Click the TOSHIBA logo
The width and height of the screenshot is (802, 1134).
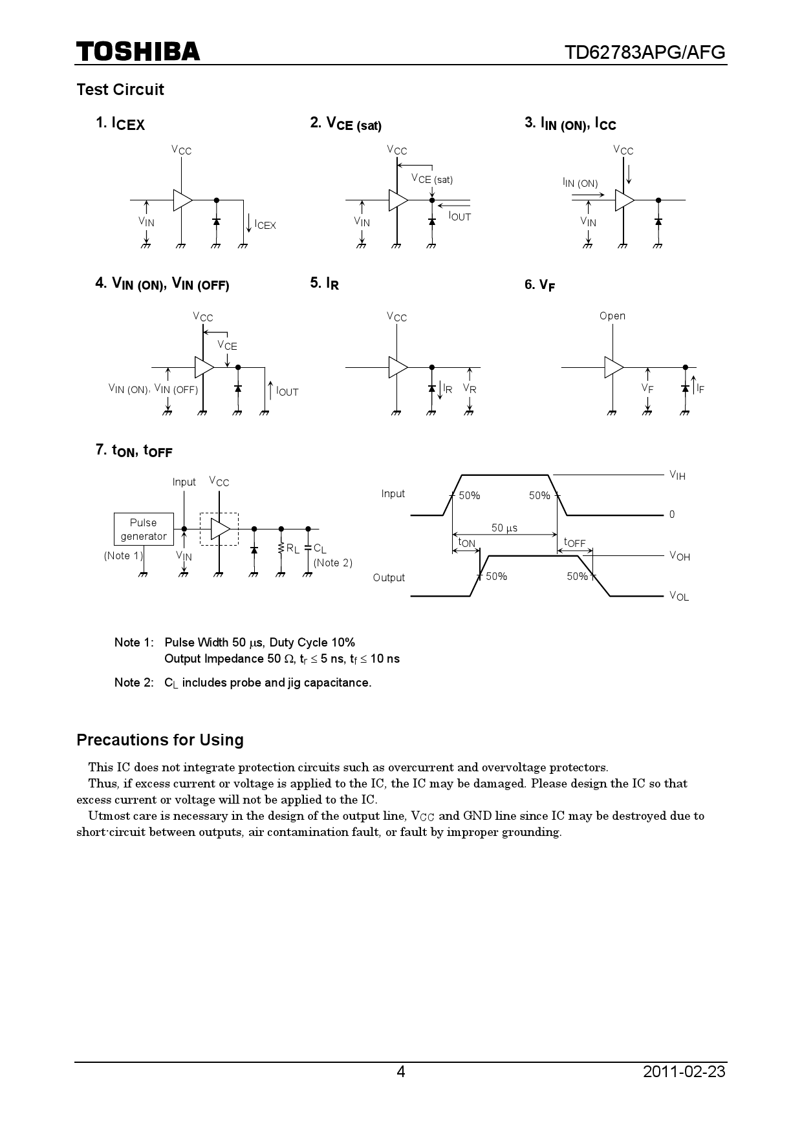click(138, 52)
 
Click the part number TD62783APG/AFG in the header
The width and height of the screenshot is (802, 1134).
click(645, 52)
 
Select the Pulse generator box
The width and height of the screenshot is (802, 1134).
click(144, 530)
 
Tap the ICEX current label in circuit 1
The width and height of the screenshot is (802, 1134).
click(265, 224)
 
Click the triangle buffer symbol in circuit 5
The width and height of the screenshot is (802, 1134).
click(398, 367)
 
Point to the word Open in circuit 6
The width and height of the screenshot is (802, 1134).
click(612, 316)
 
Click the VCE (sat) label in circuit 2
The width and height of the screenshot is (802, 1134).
click(432, 179)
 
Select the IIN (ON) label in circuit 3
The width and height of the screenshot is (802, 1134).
click(580, 183)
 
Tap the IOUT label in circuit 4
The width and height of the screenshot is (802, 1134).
click(287, 391)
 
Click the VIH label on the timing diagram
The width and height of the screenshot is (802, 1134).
click(677, 476)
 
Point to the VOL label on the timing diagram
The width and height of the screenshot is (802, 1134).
click(678, 596)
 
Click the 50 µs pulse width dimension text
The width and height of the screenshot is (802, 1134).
click(504, 528)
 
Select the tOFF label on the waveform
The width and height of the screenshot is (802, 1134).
click(574, 542)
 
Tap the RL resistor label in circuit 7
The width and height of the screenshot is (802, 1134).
click(293, 549)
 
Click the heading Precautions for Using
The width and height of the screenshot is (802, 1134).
click(160, 740)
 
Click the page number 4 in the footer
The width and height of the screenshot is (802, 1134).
click(401, 1071)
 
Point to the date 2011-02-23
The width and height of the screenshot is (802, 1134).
click(684, 1071)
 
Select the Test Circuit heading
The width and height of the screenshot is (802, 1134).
click(120, 89)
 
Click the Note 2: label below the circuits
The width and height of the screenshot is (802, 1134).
click(134, 682)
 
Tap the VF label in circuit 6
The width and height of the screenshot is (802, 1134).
click(647, 388)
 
